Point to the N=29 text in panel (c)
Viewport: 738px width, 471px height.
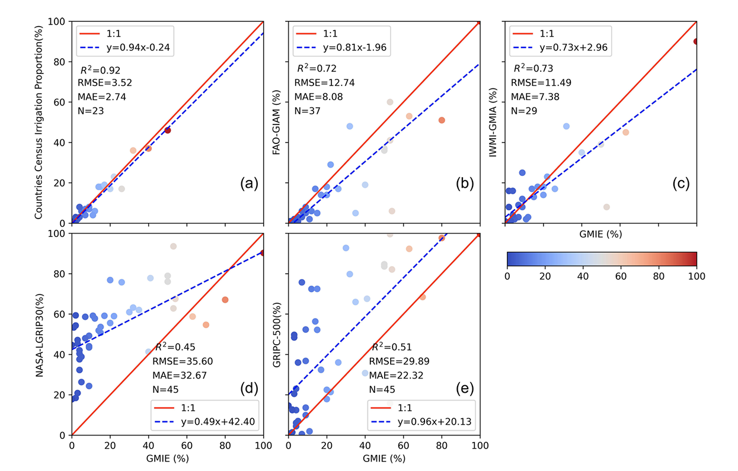525,111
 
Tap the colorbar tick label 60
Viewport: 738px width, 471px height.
621,277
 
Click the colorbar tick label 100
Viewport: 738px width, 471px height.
696,277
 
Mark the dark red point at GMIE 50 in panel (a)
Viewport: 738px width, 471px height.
168,130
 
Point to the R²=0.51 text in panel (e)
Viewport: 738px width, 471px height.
391,347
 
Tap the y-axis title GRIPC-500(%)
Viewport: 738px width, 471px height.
276,334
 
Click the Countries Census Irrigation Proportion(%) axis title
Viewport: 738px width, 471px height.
39,122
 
